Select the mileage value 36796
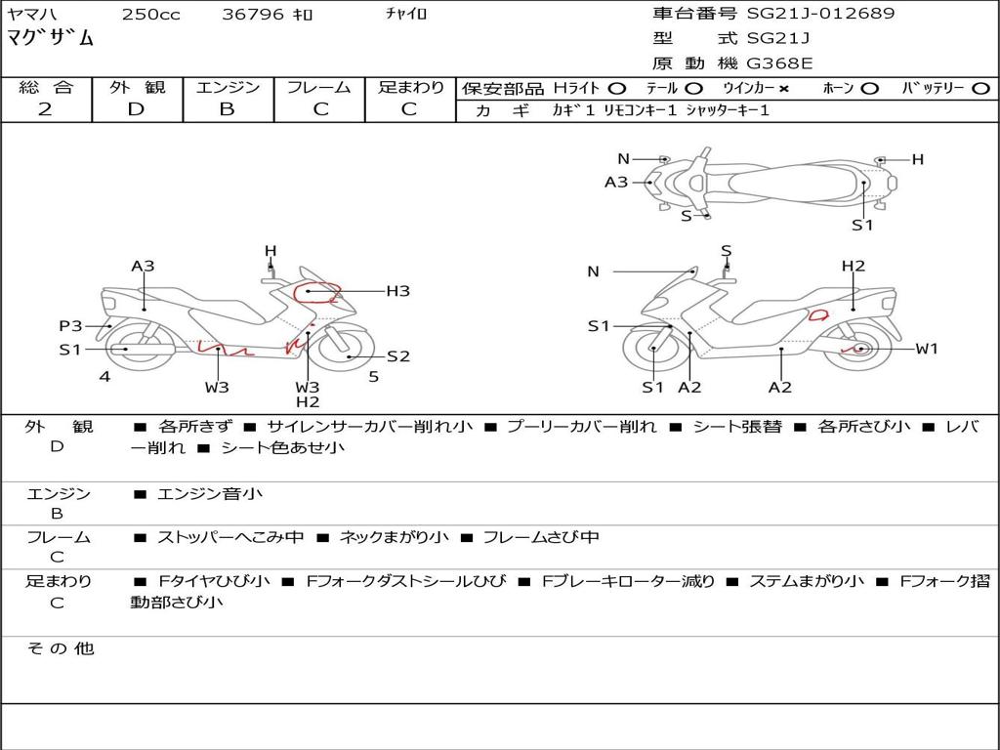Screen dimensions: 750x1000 (x=253, y=15)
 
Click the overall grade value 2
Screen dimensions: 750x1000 (x=45, y=109)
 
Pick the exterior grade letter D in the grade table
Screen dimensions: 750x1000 (x=136, y=109)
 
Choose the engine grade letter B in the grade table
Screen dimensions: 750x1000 (x=227, y=109)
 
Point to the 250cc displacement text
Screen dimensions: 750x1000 (x=150, y=15)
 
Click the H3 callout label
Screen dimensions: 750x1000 (x=397, y=291)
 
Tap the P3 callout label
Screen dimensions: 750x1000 (x=70, y=326)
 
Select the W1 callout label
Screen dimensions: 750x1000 (x=926, y=349)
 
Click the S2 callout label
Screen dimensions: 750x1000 (x=398, y=356)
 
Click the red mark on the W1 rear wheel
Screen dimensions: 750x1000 (x=859, y=348)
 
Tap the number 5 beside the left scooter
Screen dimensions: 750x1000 (x=373, y=376)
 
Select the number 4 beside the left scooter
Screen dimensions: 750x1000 (x=104, y=376)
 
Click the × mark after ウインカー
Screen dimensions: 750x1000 (x=783, y=89)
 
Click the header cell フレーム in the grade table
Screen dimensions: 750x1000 (x=318, y=88)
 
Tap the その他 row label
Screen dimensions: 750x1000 (x=60, y=648)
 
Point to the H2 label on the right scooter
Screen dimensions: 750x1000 (x=854, y=267)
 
